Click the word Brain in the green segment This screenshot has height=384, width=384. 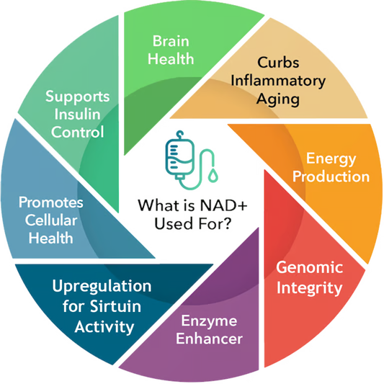coord(171,41)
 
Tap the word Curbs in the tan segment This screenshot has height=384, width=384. coord(278,63)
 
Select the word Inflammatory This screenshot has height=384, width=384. coord(278,81)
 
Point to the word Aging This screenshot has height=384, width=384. coord(277,99)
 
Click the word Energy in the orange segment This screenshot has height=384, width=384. coord(331,159)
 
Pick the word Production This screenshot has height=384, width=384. coord(331,177)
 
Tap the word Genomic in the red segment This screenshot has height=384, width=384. coord(310,267)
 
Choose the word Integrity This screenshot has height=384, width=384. coord(309,288)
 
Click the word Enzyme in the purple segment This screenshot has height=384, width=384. coord(209,321)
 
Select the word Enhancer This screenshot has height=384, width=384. coord(209,339)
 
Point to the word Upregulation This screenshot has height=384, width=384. coord(102,286)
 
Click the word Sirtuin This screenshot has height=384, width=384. coord(115,306)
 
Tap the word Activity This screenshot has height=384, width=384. coord(104,327)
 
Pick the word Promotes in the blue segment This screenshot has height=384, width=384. coord(51,202)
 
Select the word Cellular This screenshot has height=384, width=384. coord(51,220)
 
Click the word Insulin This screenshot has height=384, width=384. coord(77,114)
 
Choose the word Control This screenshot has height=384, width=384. coord(77,132)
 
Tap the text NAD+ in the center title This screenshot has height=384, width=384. coord(223,205)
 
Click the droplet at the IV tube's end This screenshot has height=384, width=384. coord(213,175)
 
